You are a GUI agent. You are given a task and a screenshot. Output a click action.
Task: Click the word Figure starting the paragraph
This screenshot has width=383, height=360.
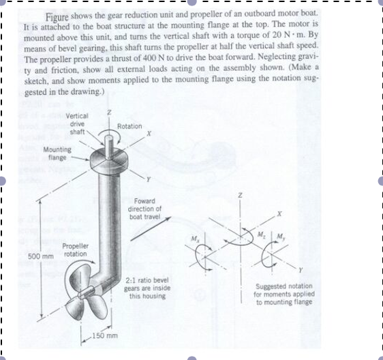(59, 14)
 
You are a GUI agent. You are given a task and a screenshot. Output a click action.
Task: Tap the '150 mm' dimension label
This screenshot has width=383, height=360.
(106, 336)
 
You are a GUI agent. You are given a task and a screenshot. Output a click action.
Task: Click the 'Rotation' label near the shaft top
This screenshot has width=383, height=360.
(129, 127)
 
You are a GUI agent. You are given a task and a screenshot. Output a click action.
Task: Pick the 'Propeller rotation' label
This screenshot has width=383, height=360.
(74, 250)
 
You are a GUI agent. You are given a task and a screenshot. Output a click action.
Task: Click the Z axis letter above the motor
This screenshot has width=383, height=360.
(108, 111)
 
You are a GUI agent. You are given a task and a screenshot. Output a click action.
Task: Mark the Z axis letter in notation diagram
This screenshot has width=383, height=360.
(239, 195)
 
